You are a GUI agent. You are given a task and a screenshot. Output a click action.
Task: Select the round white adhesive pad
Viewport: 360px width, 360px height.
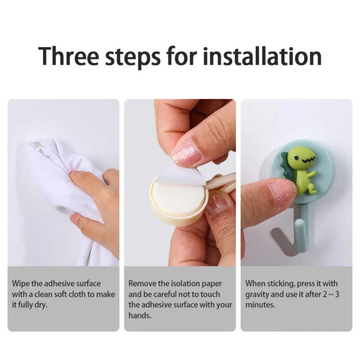[x=178, y=198]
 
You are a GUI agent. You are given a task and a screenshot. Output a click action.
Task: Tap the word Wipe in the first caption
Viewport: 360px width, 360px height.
[x=21, y=284]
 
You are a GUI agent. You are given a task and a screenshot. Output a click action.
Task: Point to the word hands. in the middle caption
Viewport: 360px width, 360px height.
[x=139, y=315]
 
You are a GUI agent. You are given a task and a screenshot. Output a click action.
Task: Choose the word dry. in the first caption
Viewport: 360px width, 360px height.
[x=39, y=305]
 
